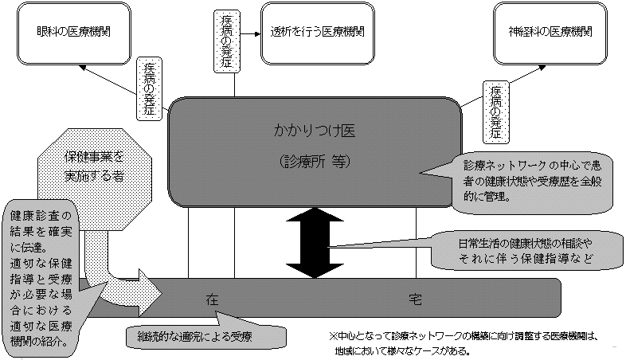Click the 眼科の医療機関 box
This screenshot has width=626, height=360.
tap(73, 33)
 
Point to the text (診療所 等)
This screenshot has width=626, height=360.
tap(316, 161)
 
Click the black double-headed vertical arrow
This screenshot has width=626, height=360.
tap(316, 243)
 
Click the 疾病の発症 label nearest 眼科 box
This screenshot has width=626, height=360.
tap(149, 88)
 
